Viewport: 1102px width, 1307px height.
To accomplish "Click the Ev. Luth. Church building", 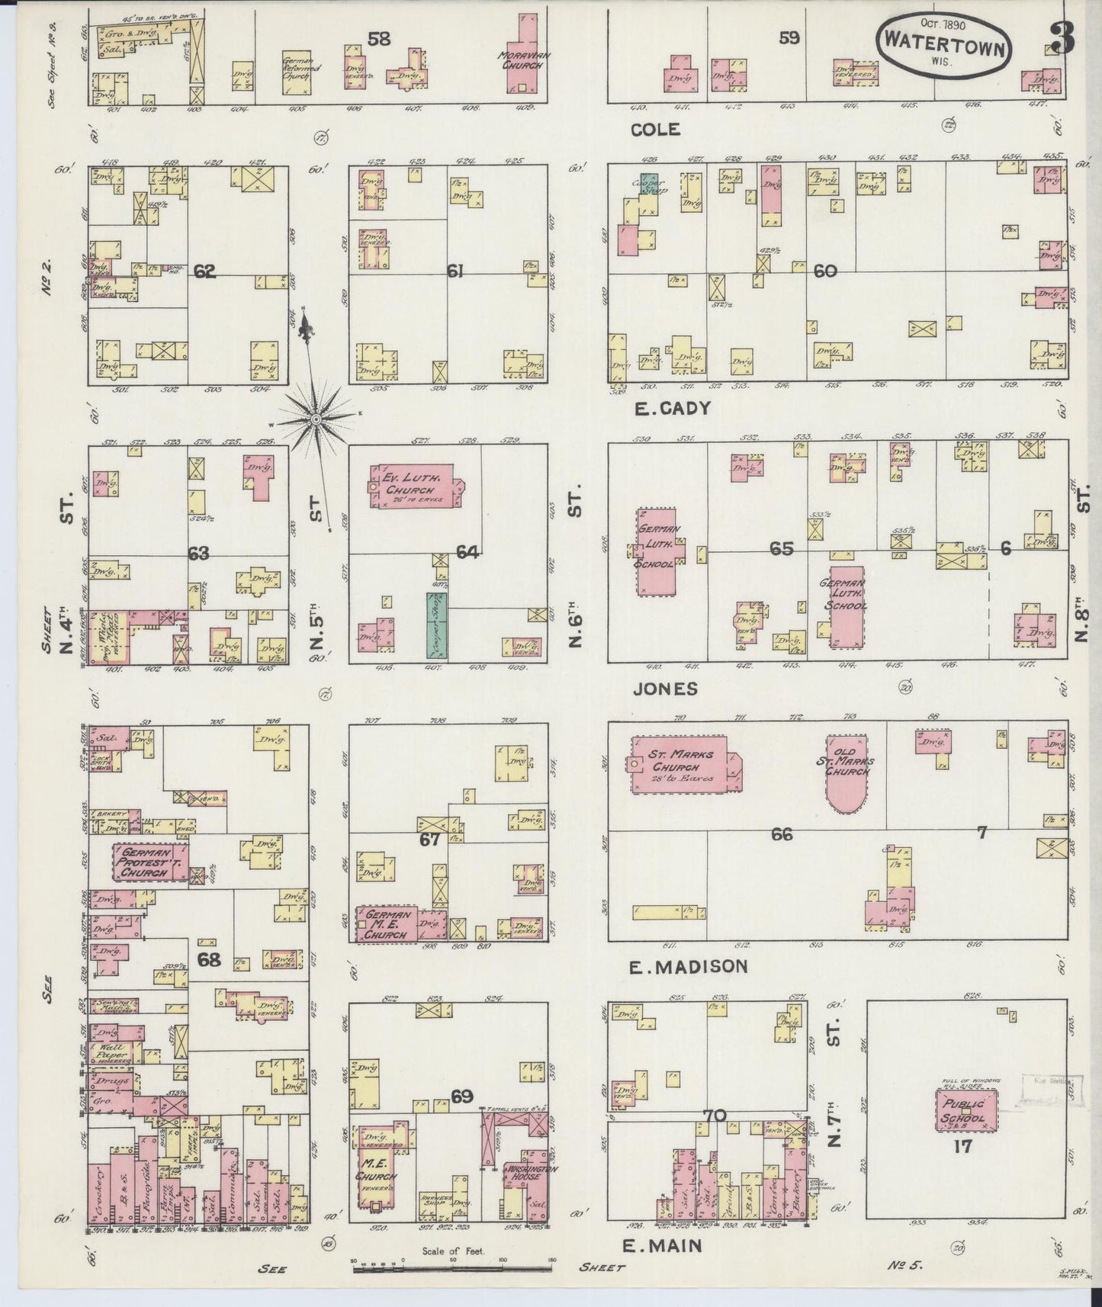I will pyautogui.click(x=411, y=487).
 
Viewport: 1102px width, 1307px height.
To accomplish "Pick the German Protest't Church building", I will pyautogui.click(x=149, y=862).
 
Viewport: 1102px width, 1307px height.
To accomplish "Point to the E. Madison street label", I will pyautogui.click(x=688, y=967).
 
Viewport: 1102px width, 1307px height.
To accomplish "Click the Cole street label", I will pyautogui.click(x=655, y=130).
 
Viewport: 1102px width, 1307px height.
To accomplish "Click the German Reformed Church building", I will pyautogui.click(x=300, y=75).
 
